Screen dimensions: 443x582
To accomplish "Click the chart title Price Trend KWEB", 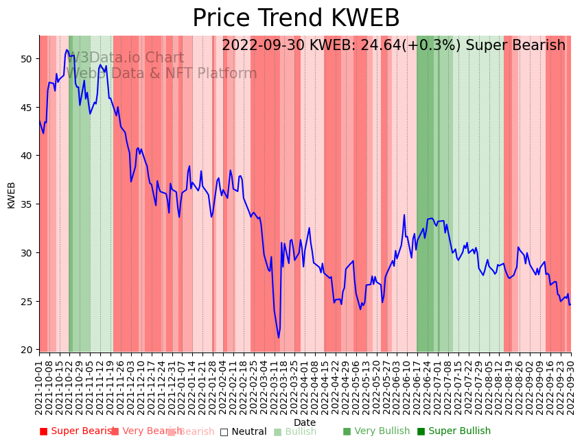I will (x=296, y=19).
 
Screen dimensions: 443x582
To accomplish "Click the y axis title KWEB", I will (x=12, y=195).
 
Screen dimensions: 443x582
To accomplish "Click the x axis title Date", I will (x=305, y=422).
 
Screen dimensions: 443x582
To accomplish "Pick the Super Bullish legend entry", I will (x=454, y=431).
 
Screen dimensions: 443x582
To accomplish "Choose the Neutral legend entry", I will (x=243, y=431).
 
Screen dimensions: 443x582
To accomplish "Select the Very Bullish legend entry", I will (x=376, y=431).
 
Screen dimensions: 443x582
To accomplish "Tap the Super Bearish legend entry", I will (x=77, y=431).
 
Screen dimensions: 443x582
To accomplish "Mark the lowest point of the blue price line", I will (x=279, y=337).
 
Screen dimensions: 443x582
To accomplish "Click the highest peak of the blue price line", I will (x=67, y=49).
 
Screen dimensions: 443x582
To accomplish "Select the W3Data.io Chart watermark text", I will (x=126, y=58).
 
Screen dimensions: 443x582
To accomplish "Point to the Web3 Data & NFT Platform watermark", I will (x=162, y=74).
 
